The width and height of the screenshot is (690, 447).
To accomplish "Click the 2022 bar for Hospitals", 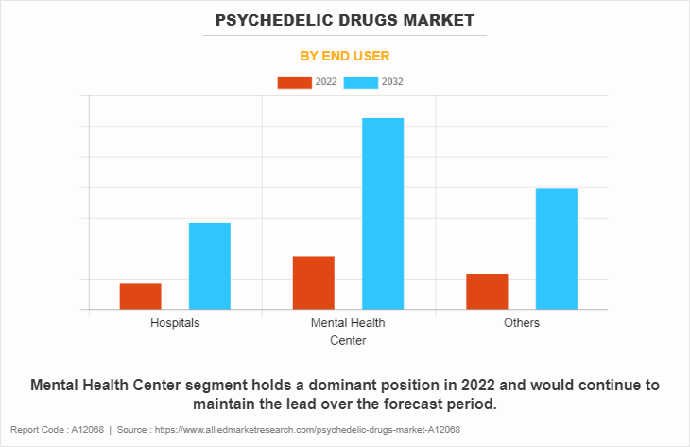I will [x=140, y=296].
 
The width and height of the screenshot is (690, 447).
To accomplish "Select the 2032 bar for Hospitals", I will [x=210, y=266].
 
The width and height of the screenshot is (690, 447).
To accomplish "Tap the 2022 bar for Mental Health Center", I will [x=314, y=283].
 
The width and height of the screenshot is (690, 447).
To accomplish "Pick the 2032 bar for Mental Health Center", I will [x=383, y=214].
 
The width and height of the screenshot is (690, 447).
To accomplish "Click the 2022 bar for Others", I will [x=487, y=291].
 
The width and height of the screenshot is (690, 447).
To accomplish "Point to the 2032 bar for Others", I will [x=557, y=249].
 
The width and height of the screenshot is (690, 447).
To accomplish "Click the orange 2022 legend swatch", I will [x=294, y=82].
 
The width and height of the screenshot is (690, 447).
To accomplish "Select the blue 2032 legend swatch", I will [x=361, y=82].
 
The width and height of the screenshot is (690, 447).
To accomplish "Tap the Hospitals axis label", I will [x=175, y=323].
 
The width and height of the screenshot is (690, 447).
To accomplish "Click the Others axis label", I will [x=522, y=323].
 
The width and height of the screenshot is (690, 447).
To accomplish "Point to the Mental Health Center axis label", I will [x=348, y=332].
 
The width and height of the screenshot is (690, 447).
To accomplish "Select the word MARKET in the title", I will [x=440, y=19].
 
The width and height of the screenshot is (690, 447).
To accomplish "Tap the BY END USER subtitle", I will [x=345, y=56].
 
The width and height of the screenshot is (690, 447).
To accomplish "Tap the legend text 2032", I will [x=393, y=82].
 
